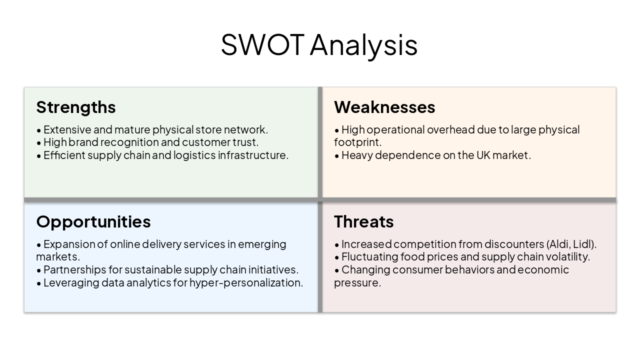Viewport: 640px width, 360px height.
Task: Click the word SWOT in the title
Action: tap(262, 44)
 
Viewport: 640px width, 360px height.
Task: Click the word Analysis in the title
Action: tap(363, 45)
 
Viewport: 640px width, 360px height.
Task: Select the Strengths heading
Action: tap(76, 107)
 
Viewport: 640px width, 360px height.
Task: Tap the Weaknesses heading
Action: tap(384, 107)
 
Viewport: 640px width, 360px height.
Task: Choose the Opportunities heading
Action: tap(93, 221)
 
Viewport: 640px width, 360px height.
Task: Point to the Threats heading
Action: tap(363, 221)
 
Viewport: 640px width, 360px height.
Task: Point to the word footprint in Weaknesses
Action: tap(357, 142)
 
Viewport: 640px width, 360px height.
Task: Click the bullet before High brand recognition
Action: tap(39, 142)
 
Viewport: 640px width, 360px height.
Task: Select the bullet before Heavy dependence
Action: tap(337, 155)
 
